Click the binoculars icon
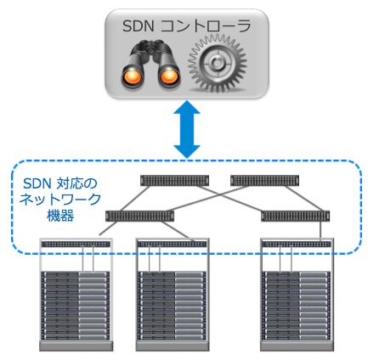(150, 65)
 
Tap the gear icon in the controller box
(218, 64)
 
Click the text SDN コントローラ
(187, 26)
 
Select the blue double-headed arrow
(187, 129)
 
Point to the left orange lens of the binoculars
(133, 77)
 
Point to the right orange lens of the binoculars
(169, 77)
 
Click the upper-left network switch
(175, 181)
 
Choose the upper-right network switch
(264, 181)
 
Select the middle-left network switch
(139, 217)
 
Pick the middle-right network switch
(295, 217)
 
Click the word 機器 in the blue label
(60, 216)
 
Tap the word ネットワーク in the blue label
(60, 200)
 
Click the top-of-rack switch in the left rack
(76, 245)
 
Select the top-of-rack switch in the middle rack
(173, 245)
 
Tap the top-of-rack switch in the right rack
(297, 245)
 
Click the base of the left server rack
(76, 346)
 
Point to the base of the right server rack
(297, 346)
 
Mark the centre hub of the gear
(217, 64)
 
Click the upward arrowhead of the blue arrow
(187, 107)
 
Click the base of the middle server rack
(173, 346)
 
